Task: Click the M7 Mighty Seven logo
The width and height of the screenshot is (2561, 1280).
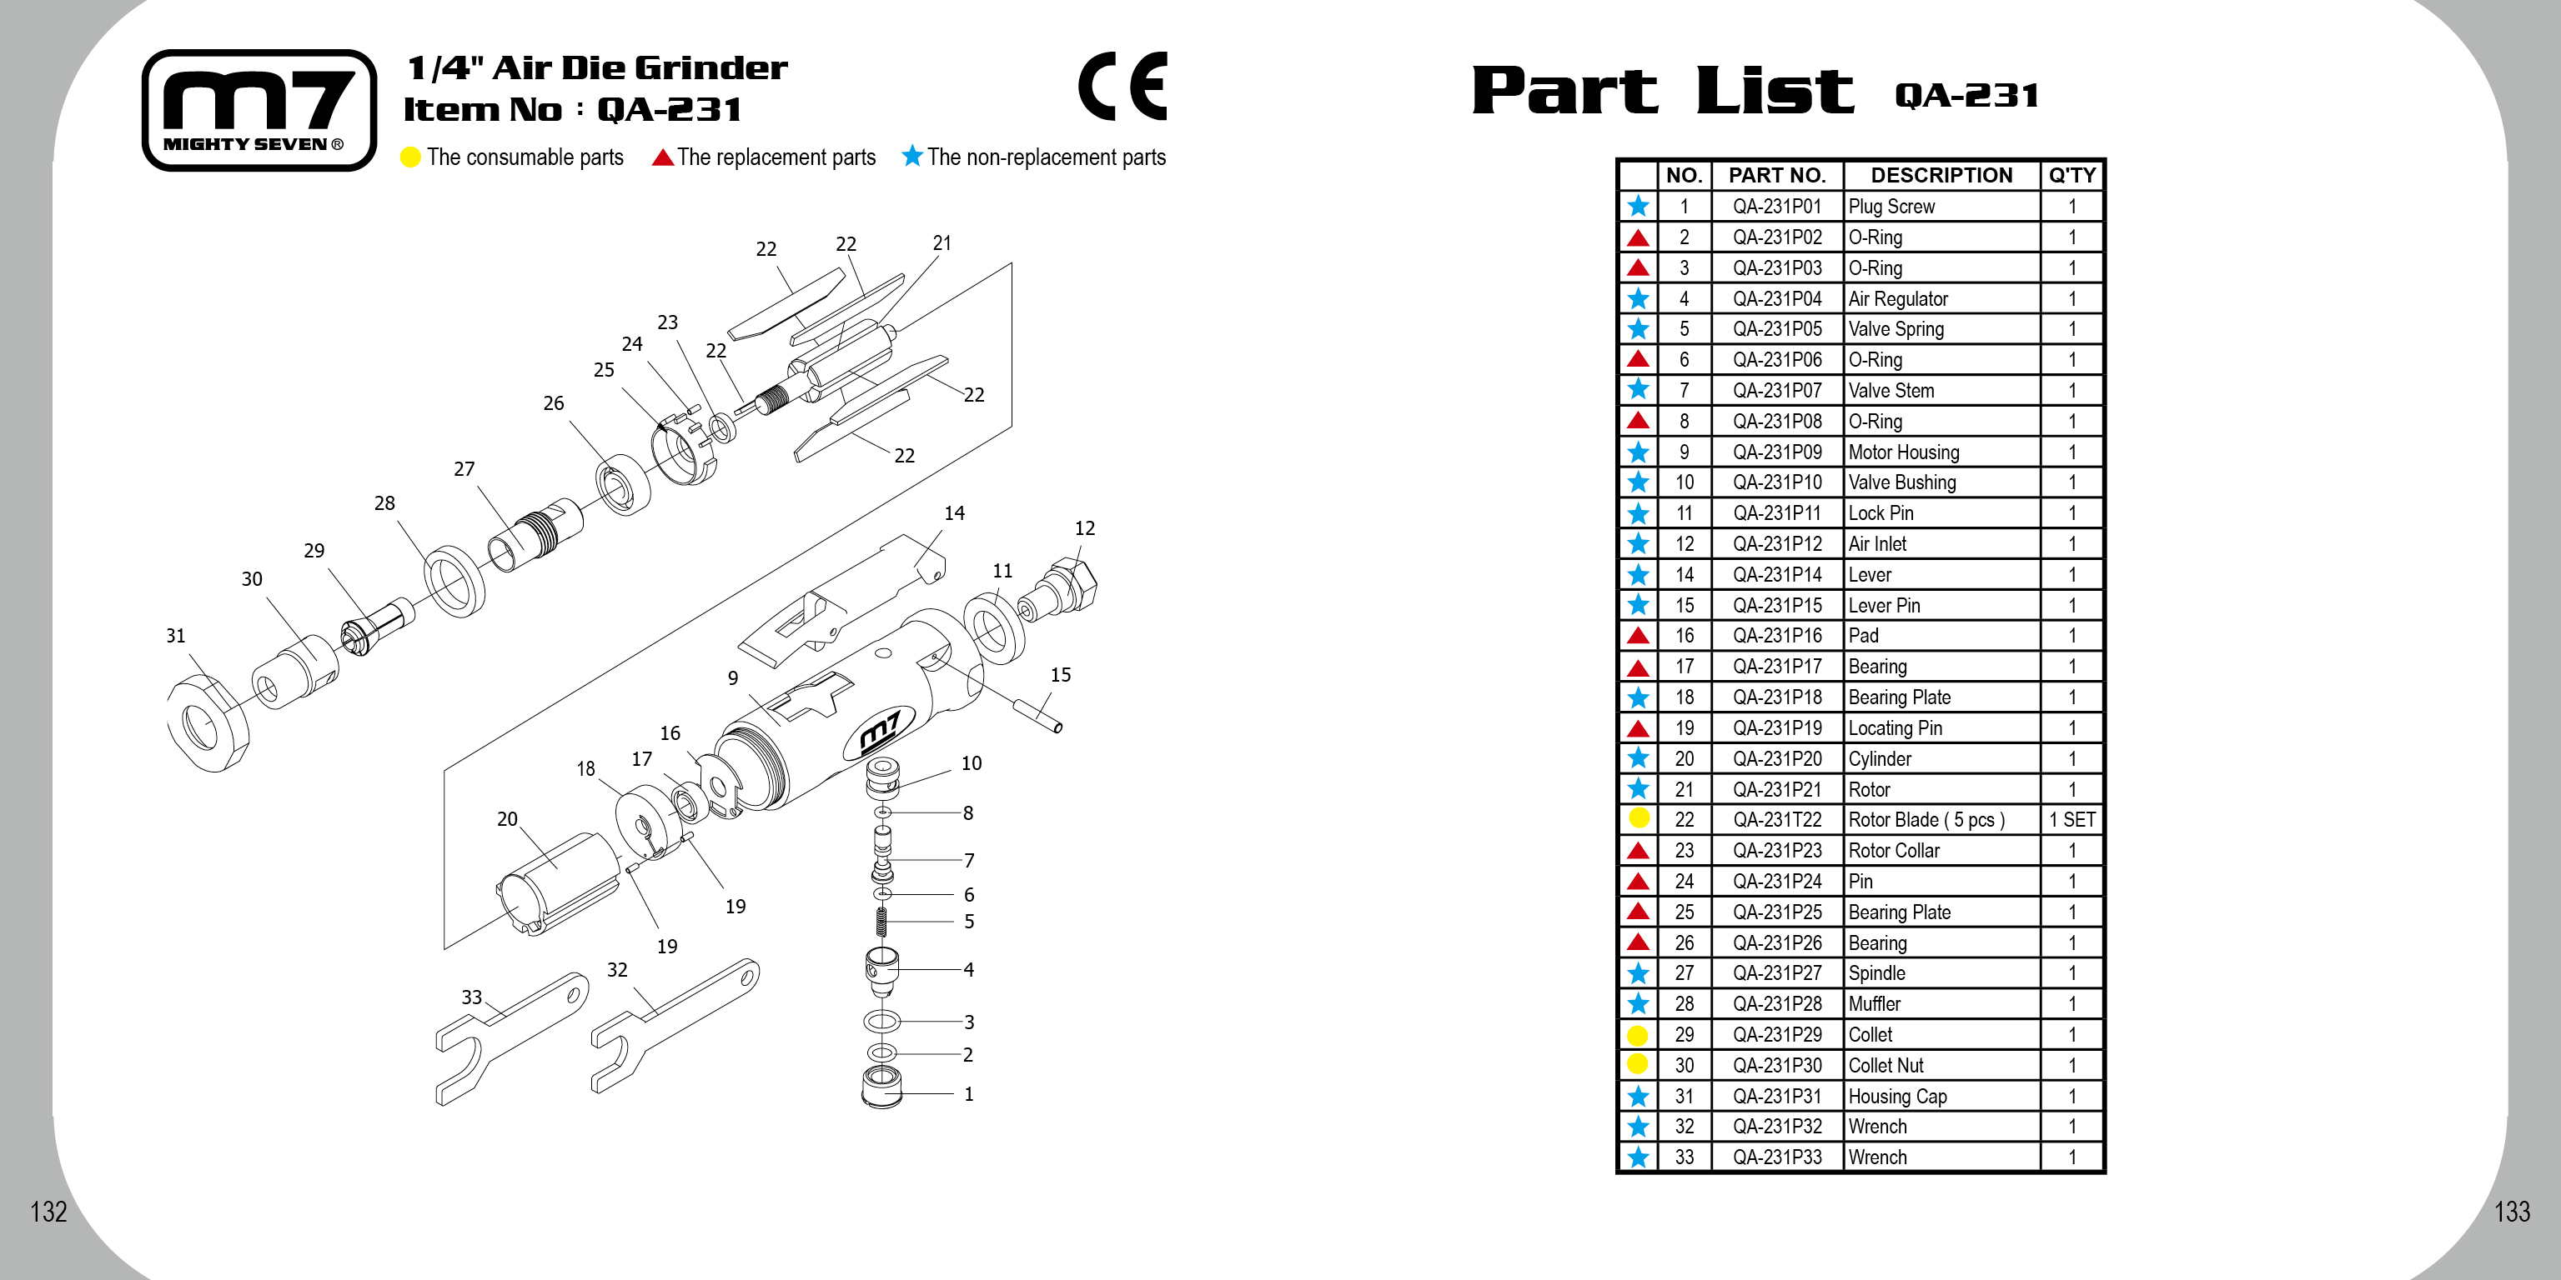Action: point(259,110)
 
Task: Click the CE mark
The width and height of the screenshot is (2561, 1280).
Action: point(1122,87)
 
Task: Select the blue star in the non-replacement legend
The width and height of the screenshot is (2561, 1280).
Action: point(911,156)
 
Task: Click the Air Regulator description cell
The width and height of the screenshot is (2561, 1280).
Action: point(1940,299)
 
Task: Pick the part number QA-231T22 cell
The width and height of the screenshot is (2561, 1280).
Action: point(1776,820)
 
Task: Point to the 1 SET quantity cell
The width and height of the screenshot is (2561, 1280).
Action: point(2071,820)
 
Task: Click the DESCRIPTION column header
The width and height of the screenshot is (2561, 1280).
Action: point(1941,176)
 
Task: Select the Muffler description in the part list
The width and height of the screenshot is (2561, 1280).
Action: point(1940,1003)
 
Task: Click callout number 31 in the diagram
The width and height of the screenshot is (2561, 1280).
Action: point(176,636)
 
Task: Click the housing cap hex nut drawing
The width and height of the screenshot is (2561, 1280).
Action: point(208,723)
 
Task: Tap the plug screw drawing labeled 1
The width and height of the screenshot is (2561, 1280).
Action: point(881,1087)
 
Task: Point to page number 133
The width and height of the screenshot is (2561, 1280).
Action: point(2511,1212)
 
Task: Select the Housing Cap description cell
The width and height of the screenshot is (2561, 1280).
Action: point(1940,1096)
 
